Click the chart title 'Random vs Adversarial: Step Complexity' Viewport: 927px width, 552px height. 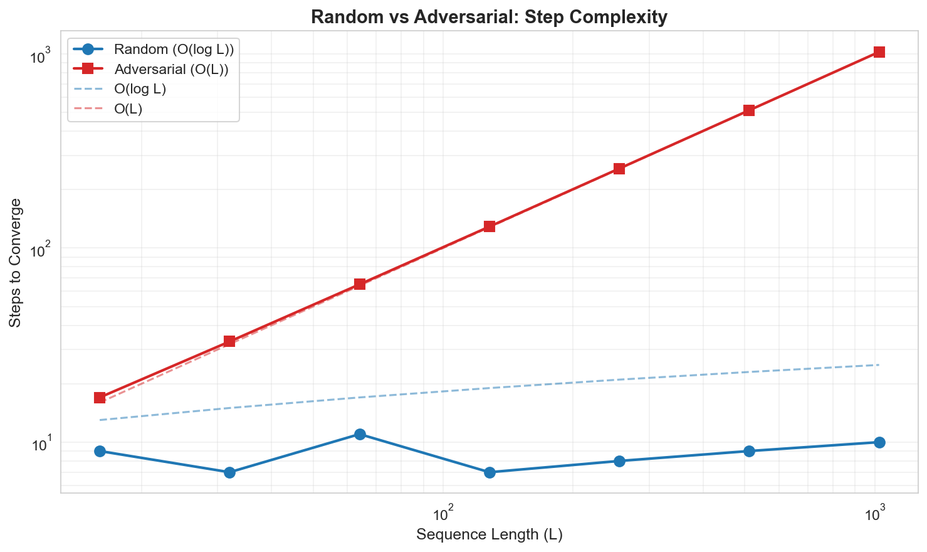(x=489, y=17)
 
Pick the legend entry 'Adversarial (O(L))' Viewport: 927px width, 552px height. (x=170, y=69)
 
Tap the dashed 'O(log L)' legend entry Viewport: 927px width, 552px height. (x=140, y=89)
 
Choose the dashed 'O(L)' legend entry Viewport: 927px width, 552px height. (x=128, y=109)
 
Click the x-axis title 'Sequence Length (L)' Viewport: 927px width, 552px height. (x=489, y=534)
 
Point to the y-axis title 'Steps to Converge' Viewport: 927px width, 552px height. (x=16, y=262)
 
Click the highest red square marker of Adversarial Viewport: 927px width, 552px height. (x=879, y=52)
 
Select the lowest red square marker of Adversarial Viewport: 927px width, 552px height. (x=100, y=398)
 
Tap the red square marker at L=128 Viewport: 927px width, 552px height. (x=490, y=226)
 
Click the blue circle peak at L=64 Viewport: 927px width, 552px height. (x=360, y=435)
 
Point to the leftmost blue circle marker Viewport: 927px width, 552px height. (x=100, y=452)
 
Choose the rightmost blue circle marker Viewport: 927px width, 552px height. (x=879, y=442)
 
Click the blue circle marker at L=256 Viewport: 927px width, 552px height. (x=619, y=461)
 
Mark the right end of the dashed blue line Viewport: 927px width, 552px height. (x=879, y=365)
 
